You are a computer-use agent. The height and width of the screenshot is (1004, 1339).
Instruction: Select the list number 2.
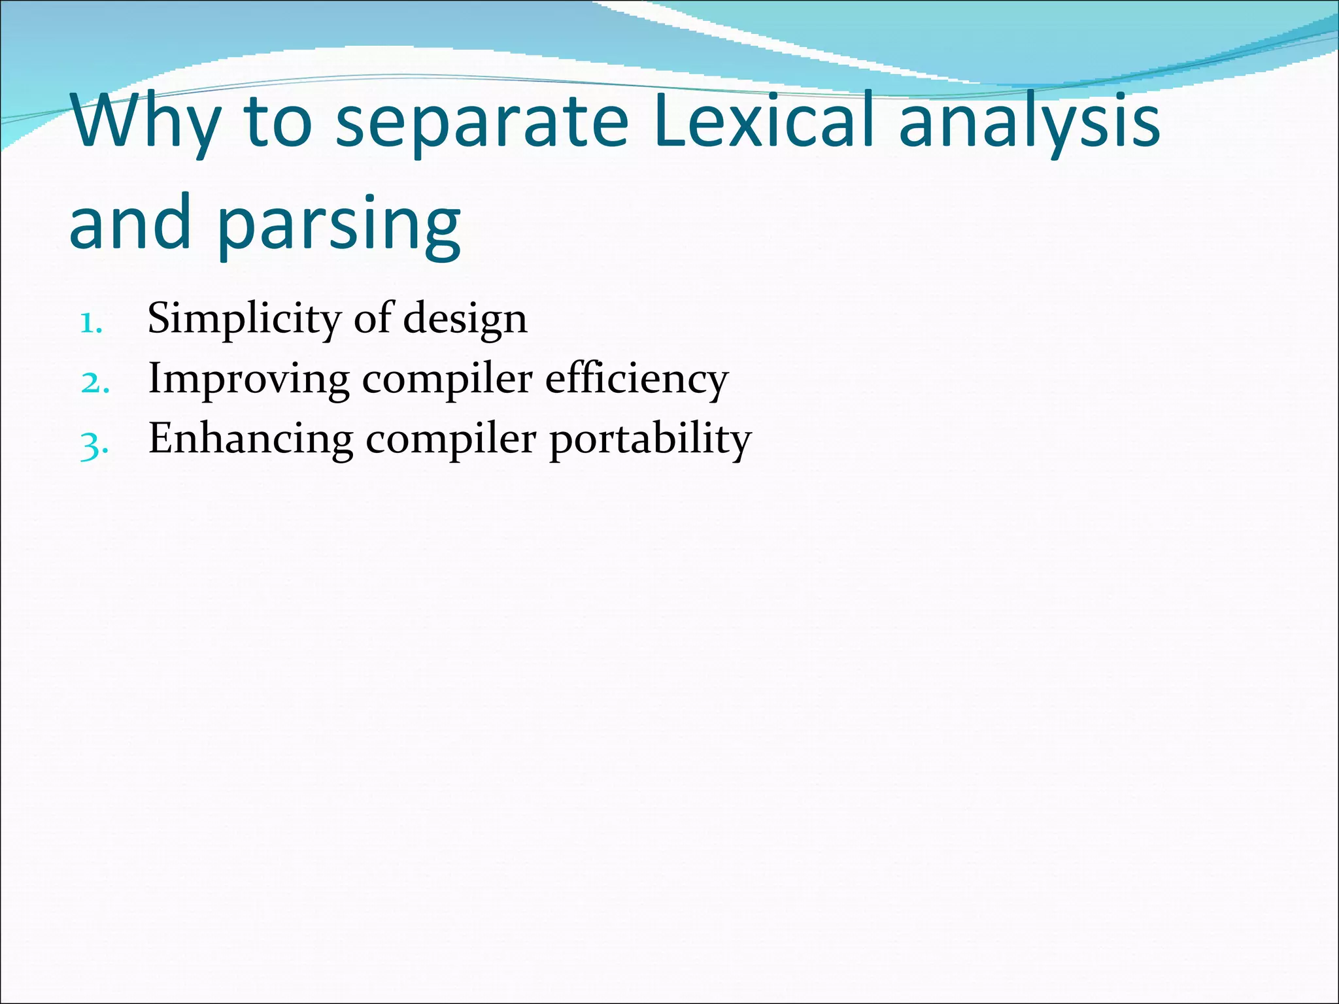pyautogui.click(x=94, y=382)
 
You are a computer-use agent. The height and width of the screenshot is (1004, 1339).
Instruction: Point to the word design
pyautogui.click(x=465, y=320)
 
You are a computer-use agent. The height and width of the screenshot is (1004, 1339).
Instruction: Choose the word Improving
pyautogui.click(x=248, y=380)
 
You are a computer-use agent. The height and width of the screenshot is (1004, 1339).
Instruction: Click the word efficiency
pyautogui.click(x=636, y=380)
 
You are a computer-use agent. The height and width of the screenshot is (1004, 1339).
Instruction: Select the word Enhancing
pyautogui.click(x=251, y=439)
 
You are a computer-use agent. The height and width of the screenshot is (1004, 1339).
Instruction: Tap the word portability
pyautogui.click(x=650, y=440)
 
